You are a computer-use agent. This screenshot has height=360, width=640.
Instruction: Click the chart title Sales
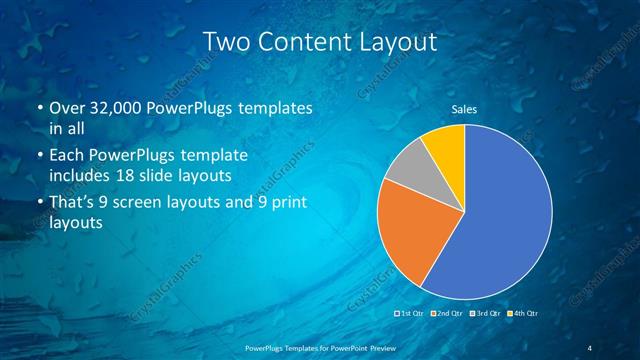tap(464, 109)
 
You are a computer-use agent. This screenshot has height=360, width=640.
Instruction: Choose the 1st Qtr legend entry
tap(412, 314)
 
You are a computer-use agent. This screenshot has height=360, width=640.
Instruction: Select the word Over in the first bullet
tap(68, 107)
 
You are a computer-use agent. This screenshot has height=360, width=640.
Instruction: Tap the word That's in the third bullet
tap(73, 203)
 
